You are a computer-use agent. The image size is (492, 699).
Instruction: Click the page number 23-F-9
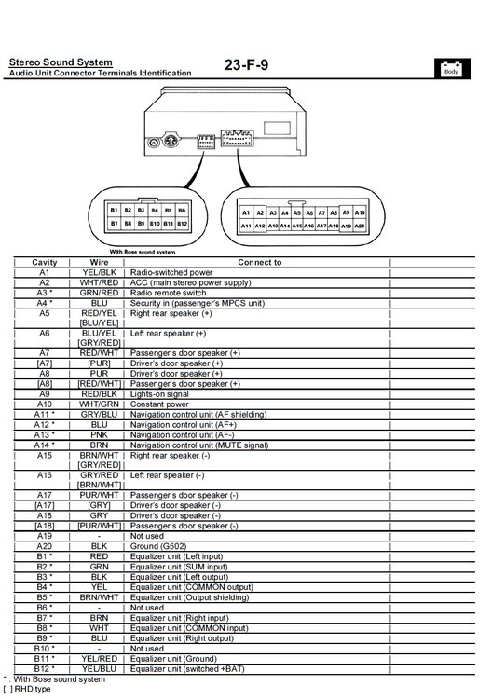click(246, 65)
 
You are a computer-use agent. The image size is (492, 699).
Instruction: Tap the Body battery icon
click(452, 69)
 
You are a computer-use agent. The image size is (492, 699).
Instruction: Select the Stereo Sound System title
click(61, 62)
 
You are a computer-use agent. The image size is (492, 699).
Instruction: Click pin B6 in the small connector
click(182, 210)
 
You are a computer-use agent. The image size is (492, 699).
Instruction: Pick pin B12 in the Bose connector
click(182, 224)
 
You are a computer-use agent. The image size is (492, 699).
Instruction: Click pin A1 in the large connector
click(246, 213)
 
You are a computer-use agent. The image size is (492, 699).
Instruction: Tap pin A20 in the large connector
click(359, 226)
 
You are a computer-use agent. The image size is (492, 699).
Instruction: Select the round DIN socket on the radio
click(170, 142)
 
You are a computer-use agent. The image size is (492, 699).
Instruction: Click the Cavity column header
click(45, 262)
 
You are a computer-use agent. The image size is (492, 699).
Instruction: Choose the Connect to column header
click(260, 262)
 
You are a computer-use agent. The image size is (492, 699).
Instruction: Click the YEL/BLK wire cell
click(99, 272)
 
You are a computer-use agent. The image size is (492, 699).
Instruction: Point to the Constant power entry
click(159, 404)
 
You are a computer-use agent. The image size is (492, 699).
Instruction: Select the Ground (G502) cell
click(158, 546)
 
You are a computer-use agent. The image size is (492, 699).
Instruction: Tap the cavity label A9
click(45, 394)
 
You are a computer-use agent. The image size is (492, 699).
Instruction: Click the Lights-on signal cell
click(159, 394)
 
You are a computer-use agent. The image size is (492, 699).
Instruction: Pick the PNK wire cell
click(99, 434)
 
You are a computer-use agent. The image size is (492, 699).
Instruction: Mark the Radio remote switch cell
click(168, 293)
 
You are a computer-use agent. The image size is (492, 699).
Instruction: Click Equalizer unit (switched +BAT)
click(187, 668)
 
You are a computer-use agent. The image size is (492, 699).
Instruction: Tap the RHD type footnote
click(27, 689)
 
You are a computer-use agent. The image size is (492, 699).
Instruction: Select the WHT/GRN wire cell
click(99, 404)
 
